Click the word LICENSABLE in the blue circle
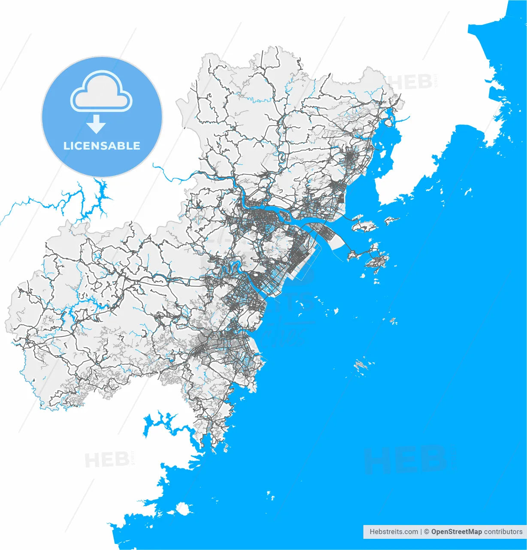coord(102,146)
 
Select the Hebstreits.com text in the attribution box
coord(394,532)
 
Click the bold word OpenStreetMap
coord(456,532)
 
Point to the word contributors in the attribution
coord(503,532)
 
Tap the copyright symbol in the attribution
coord(427,532)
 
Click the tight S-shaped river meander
coord(233,269)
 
